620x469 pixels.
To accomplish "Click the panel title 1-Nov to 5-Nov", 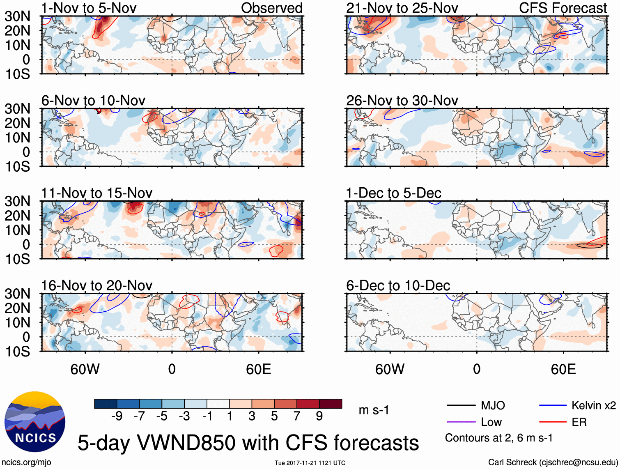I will coord(89,8).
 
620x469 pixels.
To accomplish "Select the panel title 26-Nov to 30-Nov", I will coord(402,101).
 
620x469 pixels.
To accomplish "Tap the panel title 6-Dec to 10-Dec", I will coord(398,285).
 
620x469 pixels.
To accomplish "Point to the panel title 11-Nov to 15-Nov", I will coord(96,193).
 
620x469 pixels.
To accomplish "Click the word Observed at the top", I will coord(271,8).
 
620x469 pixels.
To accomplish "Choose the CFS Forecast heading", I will coord(563,8).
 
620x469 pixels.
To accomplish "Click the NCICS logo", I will coord(35,422).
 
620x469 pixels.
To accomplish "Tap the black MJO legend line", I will coord(461,406).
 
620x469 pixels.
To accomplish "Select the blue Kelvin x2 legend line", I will coord(553,406).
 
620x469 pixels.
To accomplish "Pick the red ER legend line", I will coord(553,422).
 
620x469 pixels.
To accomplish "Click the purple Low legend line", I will coord(461,422).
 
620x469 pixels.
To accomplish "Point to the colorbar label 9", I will coord(319,416).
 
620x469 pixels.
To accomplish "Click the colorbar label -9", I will coord(117,416).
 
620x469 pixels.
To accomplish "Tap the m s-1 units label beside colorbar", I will coord(374,410).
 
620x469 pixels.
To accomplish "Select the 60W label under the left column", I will coord(85,369).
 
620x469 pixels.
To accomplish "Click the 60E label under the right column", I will coord(563,369).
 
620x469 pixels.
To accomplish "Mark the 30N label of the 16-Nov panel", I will coord(17,294).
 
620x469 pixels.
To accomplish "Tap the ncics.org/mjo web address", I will coord(27,462).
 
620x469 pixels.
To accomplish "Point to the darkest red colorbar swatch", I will coord(331,404).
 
